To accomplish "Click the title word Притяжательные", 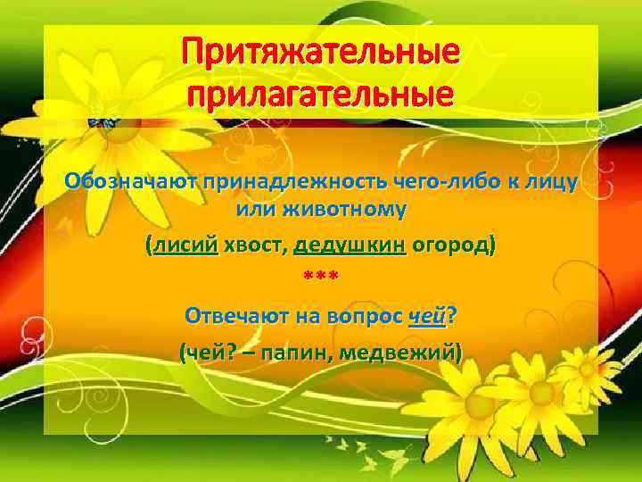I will click(321, 54).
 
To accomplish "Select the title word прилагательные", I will click(321, 92).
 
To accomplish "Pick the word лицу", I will click(550, 183).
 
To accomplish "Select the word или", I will click(253, 211).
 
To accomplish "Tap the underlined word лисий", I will click(185, 245).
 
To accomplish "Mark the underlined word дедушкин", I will click(350, 245).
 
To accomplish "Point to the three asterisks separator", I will click(320, 277).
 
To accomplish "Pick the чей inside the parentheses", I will click(206, 353).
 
